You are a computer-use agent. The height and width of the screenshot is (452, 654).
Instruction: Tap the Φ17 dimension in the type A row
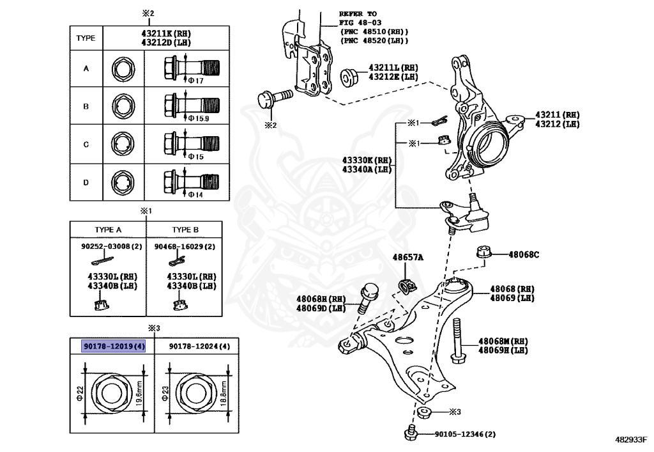point(195,81)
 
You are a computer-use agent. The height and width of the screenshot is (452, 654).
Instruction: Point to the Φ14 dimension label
point(195,194)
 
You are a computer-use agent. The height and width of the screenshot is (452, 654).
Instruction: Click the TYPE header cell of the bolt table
point(86,38)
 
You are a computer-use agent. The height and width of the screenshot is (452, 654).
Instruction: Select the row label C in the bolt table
point(86,144)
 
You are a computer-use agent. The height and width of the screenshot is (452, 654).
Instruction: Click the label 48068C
point(524,254)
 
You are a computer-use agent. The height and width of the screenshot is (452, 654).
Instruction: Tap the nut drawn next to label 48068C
point(484,253)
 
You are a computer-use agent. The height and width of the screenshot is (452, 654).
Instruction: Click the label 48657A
point(407,257)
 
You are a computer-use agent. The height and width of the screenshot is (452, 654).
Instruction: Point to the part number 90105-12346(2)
point(464,435)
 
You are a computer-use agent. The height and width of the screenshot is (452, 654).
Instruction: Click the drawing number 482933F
point(631,440)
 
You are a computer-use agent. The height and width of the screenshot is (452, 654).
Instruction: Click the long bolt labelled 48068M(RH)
point(459,342)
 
